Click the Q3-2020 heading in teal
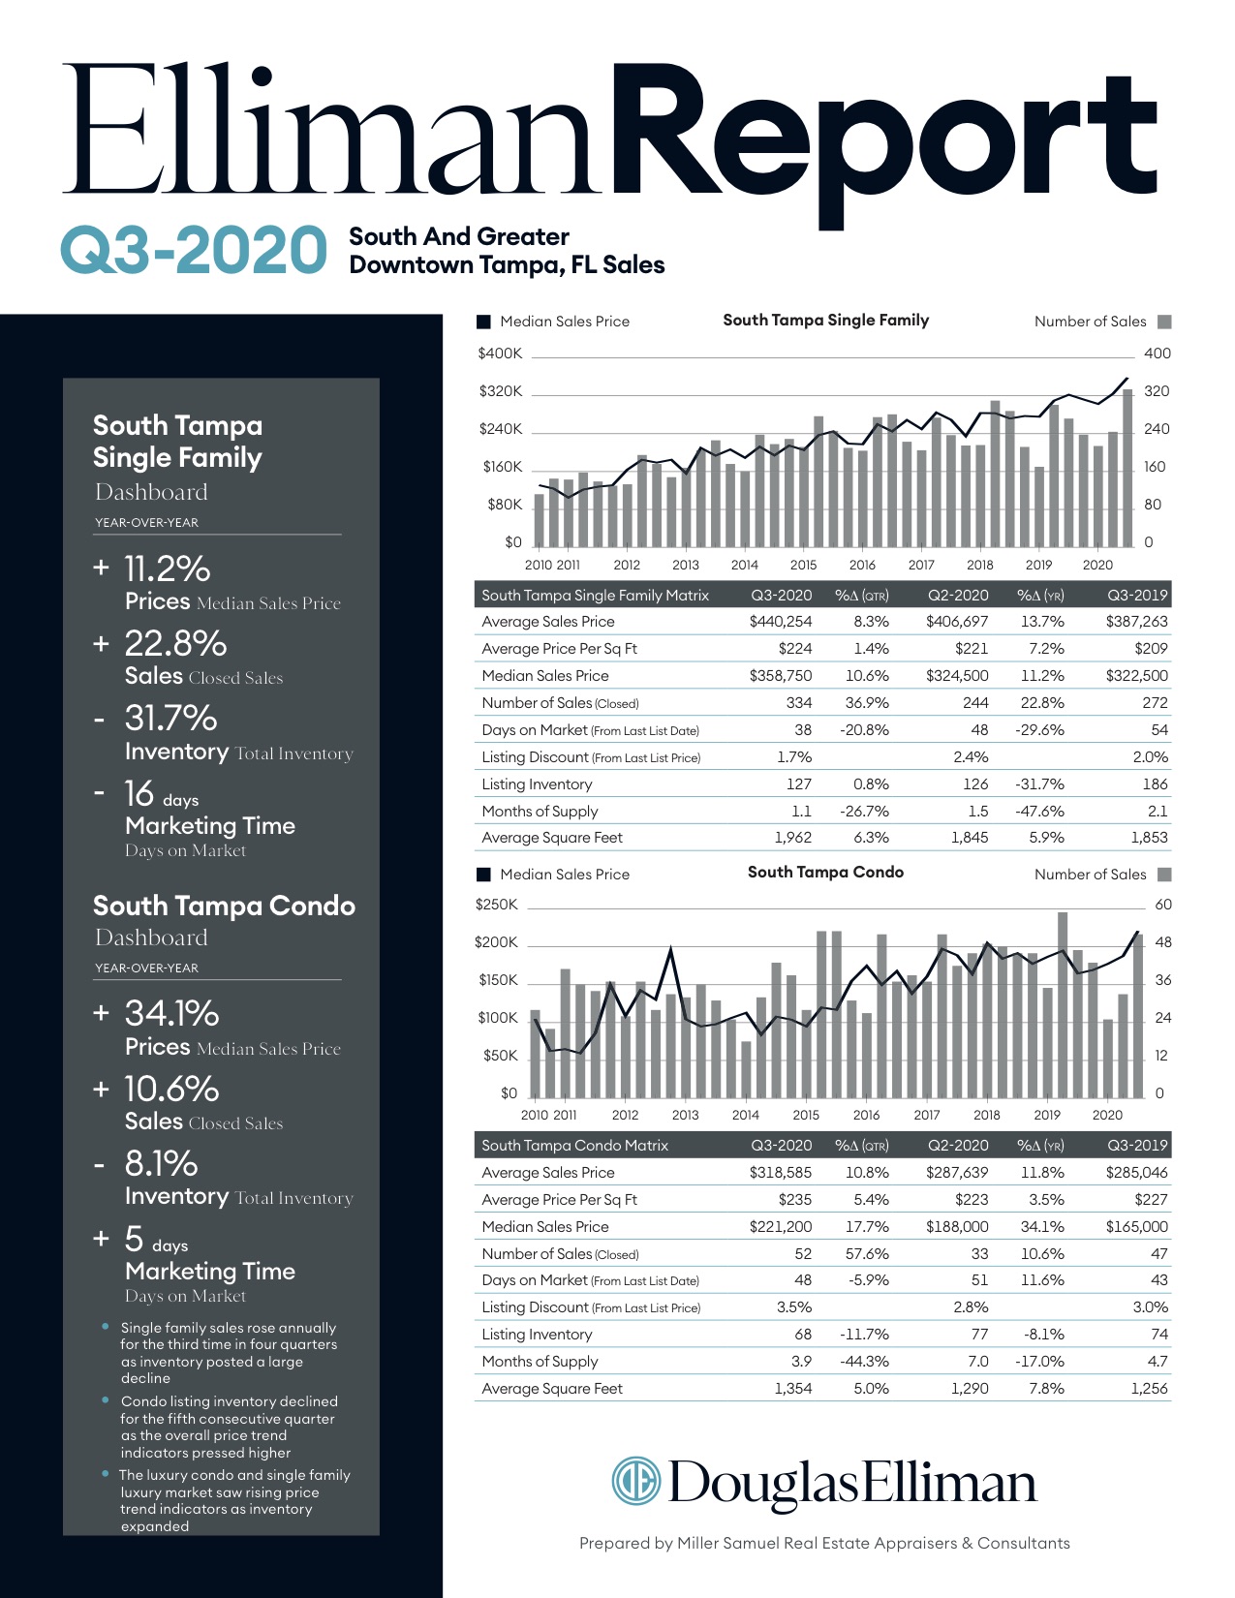[x=194, y=249]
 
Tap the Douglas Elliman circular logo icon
[x=636, y=1480]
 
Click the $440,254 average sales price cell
[x=781, y=622]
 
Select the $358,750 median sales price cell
[x=781, y=675]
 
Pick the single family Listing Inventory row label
[x=537, y=784]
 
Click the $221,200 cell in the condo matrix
[x=781, y=1226]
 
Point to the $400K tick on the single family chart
[x=500, y=353]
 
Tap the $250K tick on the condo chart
[x=497, y=905]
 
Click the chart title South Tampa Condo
[x=825, y=873]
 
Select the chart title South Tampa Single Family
[x=825, y=320]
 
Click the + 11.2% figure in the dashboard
[x=152, y=569]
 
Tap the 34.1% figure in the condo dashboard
[x=171, y=1013]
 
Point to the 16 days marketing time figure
[x=161, y=794]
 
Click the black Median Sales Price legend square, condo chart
[x=483, y=875]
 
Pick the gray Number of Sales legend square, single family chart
[x=1164, y=322]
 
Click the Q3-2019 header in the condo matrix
[x=1137, y=1145]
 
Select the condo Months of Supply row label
[x=540, y=1361]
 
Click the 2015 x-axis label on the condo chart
[x=806, y=1115]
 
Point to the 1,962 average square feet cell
[x=793, y=838]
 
